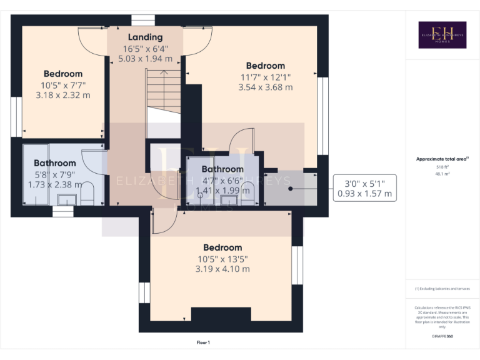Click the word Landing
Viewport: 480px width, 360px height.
click(x=145, y=37)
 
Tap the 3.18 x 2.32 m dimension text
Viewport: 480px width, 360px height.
click(x=63, y=96)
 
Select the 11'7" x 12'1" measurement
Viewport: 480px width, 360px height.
click(x=266, y=77)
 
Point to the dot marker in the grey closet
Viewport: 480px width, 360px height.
click(x=290, y=187)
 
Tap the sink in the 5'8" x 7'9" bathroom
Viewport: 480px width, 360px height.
click(x=66, y=199)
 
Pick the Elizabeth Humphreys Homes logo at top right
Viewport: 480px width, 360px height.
click(x=442, y=35)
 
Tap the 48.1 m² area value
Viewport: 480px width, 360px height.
click(x=442, y=174)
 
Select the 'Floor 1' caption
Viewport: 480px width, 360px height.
click(x=203, y=342)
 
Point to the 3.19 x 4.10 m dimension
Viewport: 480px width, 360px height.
click(x=222, y=269)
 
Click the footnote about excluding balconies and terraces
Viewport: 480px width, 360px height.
click(x=442, y=289)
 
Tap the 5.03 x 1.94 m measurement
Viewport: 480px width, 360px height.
click(x=145, y=58)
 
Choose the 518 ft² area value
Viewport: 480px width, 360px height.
click(x=442, y=167)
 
